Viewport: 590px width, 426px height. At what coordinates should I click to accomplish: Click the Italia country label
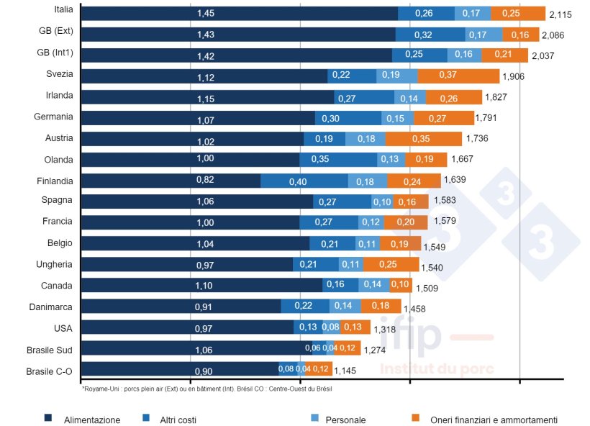(63, 9)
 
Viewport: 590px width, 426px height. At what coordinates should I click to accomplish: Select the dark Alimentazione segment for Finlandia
(170, 181)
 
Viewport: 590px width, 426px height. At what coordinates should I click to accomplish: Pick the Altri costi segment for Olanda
(337, 160)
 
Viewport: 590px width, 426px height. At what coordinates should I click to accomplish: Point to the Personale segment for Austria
(365, 139)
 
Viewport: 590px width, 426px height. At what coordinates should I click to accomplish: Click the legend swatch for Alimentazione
(48, 418)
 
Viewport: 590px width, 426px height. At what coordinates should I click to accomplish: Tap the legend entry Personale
(345, 420)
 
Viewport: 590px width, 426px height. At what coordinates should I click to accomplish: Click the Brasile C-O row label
(49, 371)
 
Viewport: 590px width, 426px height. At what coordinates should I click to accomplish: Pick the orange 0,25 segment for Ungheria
(391, 265)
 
